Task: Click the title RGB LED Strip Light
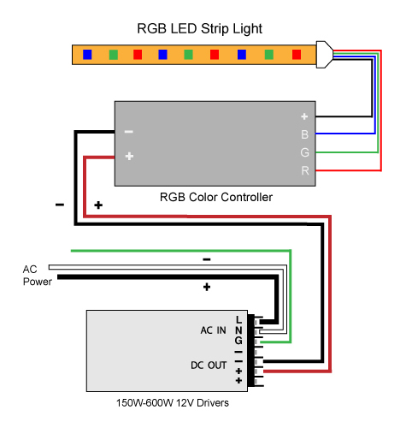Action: pos(199,29)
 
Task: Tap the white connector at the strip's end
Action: pos(324,55)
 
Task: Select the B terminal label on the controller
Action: pos(304,134)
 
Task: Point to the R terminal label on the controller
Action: pos(305,170)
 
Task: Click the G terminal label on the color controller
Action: pos(304,152)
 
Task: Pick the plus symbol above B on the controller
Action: pos(304,116)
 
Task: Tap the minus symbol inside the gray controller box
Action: pos(129,132)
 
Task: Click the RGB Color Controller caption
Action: pos(216,197)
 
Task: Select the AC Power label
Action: pos(38,276)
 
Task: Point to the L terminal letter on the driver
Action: pos(238,320)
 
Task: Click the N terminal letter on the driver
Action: pos(238,330)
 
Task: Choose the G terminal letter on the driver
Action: pos(238,341)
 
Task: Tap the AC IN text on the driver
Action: pos(213,330)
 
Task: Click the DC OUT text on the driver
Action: pos(209,366)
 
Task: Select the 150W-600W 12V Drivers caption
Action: pos(173,403)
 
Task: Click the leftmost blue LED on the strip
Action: pos(87,55)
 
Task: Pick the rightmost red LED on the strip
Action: pos(297,55)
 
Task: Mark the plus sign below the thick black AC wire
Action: pos(207,287)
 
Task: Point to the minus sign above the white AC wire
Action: pos(207,259)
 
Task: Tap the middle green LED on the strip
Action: pos(188,55)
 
